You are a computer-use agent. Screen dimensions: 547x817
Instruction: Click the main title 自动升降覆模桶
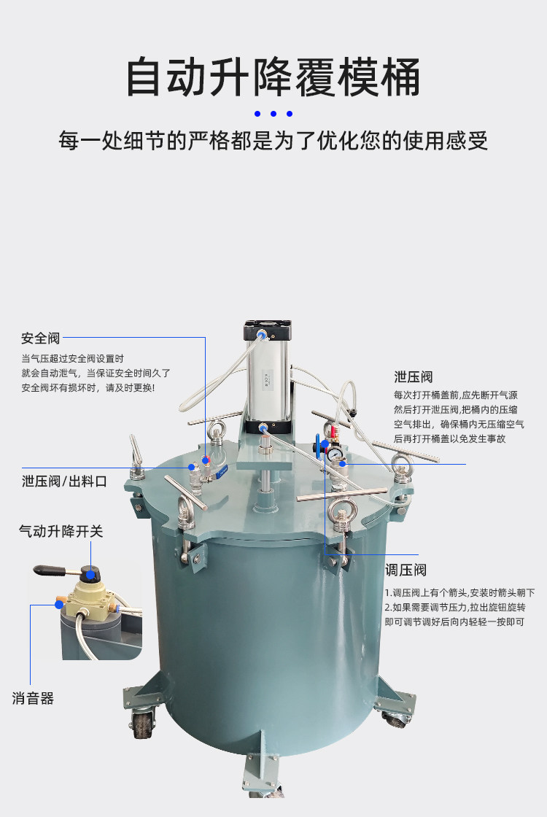click(273, 77)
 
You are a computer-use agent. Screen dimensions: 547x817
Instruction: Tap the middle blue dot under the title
click(273, 114)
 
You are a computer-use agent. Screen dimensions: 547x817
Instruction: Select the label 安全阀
click(41, 338)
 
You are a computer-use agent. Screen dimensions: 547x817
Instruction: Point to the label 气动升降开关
click(61, 531)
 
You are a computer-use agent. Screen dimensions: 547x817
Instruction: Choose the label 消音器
click(33, 698)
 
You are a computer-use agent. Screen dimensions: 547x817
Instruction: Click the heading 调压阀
click(406, 570)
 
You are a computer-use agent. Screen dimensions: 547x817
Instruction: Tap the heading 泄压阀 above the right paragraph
click(413, 376)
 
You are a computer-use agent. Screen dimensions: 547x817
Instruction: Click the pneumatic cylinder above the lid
click(267, 376)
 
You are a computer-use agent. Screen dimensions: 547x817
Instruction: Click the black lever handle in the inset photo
click(50, 570)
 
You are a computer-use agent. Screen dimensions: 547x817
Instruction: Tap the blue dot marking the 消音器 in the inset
click(59, 605)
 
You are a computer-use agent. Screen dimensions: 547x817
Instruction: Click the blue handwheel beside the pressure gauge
click(318, 447)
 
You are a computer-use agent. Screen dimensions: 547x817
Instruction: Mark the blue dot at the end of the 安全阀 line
click(206, 460)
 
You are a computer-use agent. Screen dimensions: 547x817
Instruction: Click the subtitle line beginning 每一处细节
click(273, 141)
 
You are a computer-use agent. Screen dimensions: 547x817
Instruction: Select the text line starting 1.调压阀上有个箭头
click(460, 592)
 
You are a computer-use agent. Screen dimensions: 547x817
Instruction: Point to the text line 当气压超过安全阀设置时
click(72, 358)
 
